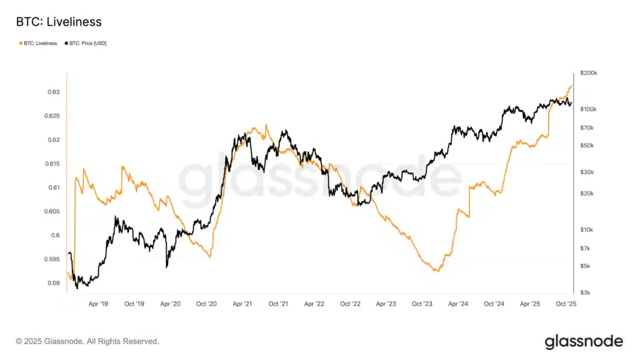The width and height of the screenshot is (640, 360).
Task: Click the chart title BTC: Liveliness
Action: coord(58,22)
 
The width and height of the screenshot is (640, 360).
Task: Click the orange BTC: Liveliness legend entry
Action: coord(39,43)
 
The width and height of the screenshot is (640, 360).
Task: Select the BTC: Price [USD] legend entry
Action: coord(87,43)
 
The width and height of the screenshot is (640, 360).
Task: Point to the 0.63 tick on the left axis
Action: coord(54,92)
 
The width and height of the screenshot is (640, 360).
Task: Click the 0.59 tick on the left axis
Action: coord(54,283)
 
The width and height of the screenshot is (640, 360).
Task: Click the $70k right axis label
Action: coord(587,127)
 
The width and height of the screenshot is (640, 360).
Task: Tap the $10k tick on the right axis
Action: coord(587,230)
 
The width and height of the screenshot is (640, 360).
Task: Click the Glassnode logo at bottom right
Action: coord(584,341)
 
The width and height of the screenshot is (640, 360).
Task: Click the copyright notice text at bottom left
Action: coord(87,341)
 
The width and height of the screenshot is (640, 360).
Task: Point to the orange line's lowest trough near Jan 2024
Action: coord(437,271)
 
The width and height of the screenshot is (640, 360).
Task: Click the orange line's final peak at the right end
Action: coord(571,86)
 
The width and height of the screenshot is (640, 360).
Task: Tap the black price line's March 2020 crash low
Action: coord(167,267)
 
